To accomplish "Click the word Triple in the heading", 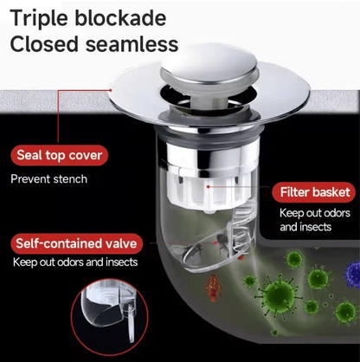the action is point(40,19).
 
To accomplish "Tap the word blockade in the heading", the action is point(120,18).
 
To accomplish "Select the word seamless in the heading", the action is point(132,44).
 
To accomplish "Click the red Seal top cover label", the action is point(60,155).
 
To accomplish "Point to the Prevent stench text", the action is point(48,179).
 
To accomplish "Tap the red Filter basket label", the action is point(315,192).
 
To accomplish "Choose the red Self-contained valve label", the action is point(76,243).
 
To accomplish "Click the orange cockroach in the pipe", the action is point(214,288).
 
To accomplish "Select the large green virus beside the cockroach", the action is point(278,295).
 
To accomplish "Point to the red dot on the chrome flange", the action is point(111,90).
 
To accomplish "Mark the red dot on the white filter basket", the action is point(208,187).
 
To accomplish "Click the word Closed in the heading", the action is point(44,44).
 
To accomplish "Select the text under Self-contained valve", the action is point(75,262).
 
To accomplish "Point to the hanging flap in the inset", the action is point(131,325).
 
